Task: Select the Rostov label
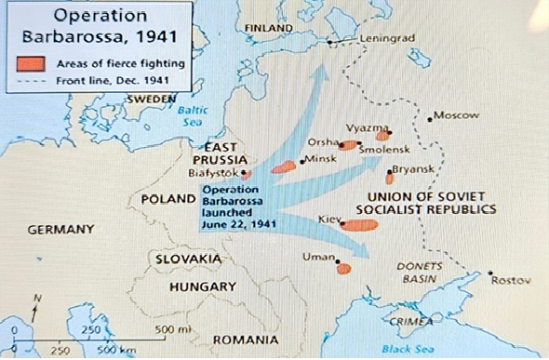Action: tap(510, 280)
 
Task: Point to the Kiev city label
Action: tap(329, 218)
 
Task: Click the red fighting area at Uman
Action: tap(343, 268)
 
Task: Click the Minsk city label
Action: tap(319, 159)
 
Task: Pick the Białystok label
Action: tap(213, 171)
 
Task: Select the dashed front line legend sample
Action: tap(35, 79)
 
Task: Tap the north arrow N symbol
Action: tap(36, 298)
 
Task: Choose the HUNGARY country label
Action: tap(202, 287)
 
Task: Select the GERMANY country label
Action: tap(61, 229)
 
